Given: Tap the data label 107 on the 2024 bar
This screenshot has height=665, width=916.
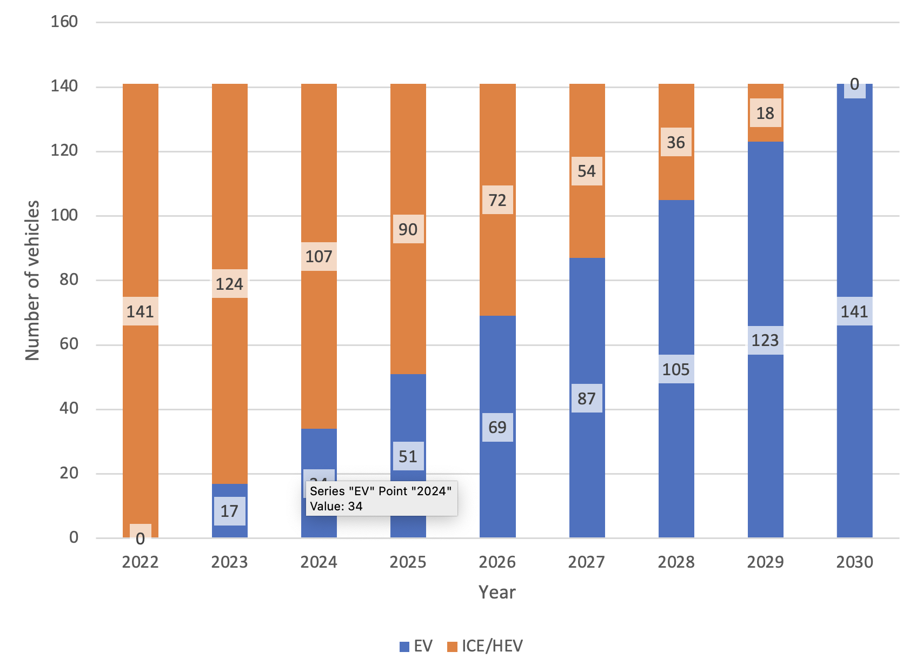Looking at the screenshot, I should (318, 256).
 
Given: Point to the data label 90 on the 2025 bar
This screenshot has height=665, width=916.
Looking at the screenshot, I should (408, 229).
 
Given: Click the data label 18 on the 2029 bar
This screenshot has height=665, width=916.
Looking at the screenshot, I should (765, 113).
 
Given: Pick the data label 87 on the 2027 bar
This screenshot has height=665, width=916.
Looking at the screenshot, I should (586, 398).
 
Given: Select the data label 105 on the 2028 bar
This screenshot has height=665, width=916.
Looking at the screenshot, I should (676, 369).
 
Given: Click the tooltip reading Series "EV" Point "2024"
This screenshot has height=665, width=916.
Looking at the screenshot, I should (381, 498).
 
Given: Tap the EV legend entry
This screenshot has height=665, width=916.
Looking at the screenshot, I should (416, 646).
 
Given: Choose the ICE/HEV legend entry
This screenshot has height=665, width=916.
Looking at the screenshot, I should (485, 646).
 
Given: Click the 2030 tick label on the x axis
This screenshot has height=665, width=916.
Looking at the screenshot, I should (854, 562).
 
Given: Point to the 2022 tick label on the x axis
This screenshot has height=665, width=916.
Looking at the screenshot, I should (140, 562).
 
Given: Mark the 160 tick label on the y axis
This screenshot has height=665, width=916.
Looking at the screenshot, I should (64, 22).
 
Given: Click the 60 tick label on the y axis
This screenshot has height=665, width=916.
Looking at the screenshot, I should (69, 344).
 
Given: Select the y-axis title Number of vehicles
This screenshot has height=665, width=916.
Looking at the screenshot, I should (32, 280).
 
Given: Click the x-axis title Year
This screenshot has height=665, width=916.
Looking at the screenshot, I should (497, 593).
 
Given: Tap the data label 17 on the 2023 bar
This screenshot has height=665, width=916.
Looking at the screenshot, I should (229, 511).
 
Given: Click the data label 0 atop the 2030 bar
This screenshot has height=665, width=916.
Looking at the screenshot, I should (854, 85).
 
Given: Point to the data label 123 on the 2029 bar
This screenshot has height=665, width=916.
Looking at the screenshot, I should (765, 340).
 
